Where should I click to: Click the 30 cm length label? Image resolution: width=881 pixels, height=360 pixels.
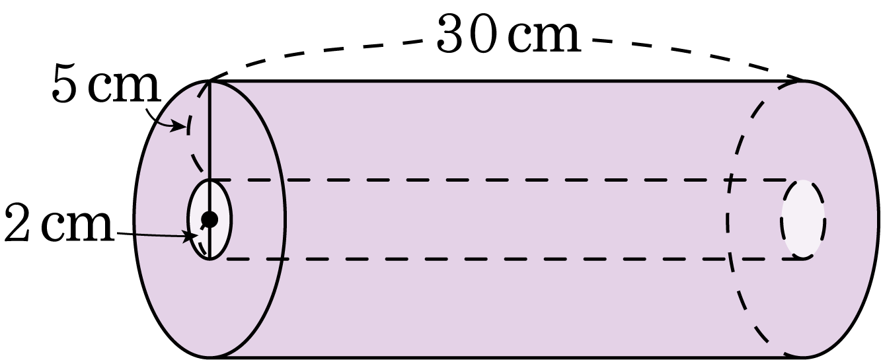click(508, 34)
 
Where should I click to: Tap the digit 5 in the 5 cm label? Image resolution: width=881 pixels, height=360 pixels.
click(63, 85)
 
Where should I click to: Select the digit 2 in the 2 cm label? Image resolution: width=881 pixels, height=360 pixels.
click(17, 223)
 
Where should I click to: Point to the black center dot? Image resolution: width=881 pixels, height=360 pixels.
click(210, 219)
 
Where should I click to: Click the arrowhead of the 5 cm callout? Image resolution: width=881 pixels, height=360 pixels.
click(179, 127)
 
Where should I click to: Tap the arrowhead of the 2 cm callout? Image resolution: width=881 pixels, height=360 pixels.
click(191, 236)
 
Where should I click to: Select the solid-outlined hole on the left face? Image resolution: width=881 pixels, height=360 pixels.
click(210, 219)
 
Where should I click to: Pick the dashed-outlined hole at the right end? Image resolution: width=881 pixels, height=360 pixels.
click(803, 219)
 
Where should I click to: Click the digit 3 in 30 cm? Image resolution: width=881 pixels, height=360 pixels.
click(450, 34)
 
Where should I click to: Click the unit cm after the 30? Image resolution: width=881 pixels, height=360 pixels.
click(545, 38)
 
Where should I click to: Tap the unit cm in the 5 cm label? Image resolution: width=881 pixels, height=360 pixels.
click(124, 89)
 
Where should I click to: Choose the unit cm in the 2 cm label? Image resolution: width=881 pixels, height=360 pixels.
click(78, 227)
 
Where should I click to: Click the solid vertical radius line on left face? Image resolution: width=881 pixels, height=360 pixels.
click(210, 170)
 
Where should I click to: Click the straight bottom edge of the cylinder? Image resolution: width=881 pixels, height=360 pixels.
click(508, 357)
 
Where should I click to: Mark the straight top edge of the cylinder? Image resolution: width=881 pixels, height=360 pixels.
click(508, 81)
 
